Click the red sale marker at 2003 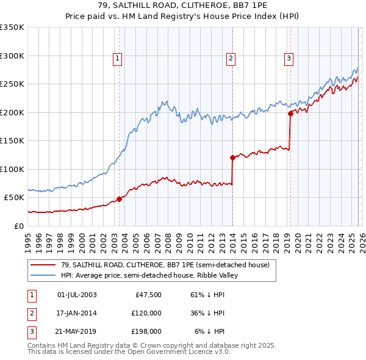(120, 198)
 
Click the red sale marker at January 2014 (232, 157)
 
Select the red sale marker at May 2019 (290, 113)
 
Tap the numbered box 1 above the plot (117, 59)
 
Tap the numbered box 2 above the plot (231, 59)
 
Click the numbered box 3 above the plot (289, 59)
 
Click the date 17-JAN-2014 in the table (77, 313)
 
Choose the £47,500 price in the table (147, 295)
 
